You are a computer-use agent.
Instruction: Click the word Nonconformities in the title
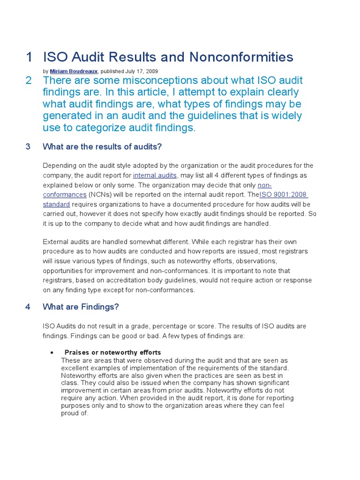point(241,57)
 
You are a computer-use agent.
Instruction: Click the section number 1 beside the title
point(29,57)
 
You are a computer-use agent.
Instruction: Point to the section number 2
point(29,81)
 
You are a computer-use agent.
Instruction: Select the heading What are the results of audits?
point(102,147)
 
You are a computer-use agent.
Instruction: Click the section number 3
point(28,147)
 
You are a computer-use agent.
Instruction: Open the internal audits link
point(155,175)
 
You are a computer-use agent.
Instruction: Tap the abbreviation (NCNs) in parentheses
point(100,195)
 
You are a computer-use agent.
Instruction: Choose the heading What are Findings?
point(81,307)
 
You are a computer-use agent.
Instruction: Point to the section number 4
point(28,307)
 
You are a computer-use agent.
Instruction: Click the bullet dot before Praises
point(51,352)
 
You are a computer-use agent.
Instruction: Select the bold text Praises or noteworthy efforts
point(112,352)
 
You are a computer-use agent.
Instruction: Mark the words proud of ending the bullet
point(75,414)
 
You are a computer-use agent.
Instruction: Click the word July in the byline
point(130,71)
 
